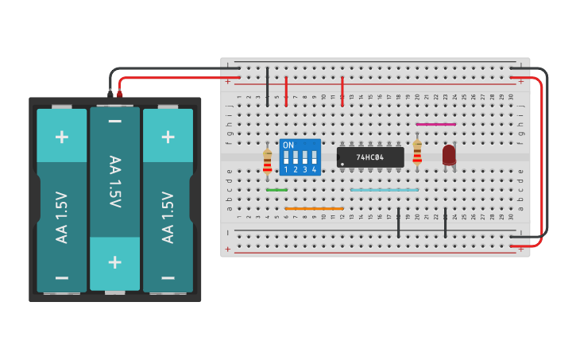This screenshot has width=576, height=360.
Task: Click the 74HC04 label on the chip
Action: pos(369,157)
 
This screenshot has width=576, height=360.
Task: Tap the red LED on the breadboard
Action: pos(449,155)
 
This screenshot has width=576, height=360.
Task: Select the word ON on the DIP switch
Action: pos(288,145)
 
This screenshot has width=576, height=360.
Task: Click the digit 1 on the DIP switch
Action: pos(286,170)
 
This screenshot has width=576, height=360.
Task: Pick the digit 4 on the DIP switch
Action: pos(315,170)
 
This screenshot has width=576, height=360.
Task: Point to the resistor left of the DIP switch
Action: pos(267,161)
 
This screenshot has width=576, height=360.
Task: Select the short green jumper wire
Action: pos(276,190)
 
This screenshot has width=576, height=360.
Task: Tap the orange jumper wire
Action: pos(314,209)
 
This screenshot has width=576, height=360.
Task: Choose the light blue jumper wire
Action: pos(385,190)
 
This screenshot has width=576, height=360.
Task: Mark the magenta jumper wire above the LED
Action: pos(436,124)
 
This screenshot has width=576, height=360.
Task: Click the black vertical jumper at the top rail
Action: pos(267,87)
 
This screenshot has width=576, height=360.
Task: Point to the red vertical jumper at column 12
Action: pos(342,91)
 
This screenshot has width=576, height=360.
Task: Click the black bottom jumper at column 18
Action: pos(398,223)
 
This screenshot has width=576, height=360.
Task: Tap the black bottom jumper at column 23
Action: pos(445,223)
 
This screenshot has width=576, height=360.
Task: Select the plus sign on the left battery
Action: pos(62,136)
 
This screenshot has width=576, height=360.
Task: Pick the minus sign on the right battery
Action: pos(168,277)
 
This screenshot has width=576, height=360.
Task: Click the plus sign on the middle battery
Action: pos(114,262)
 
